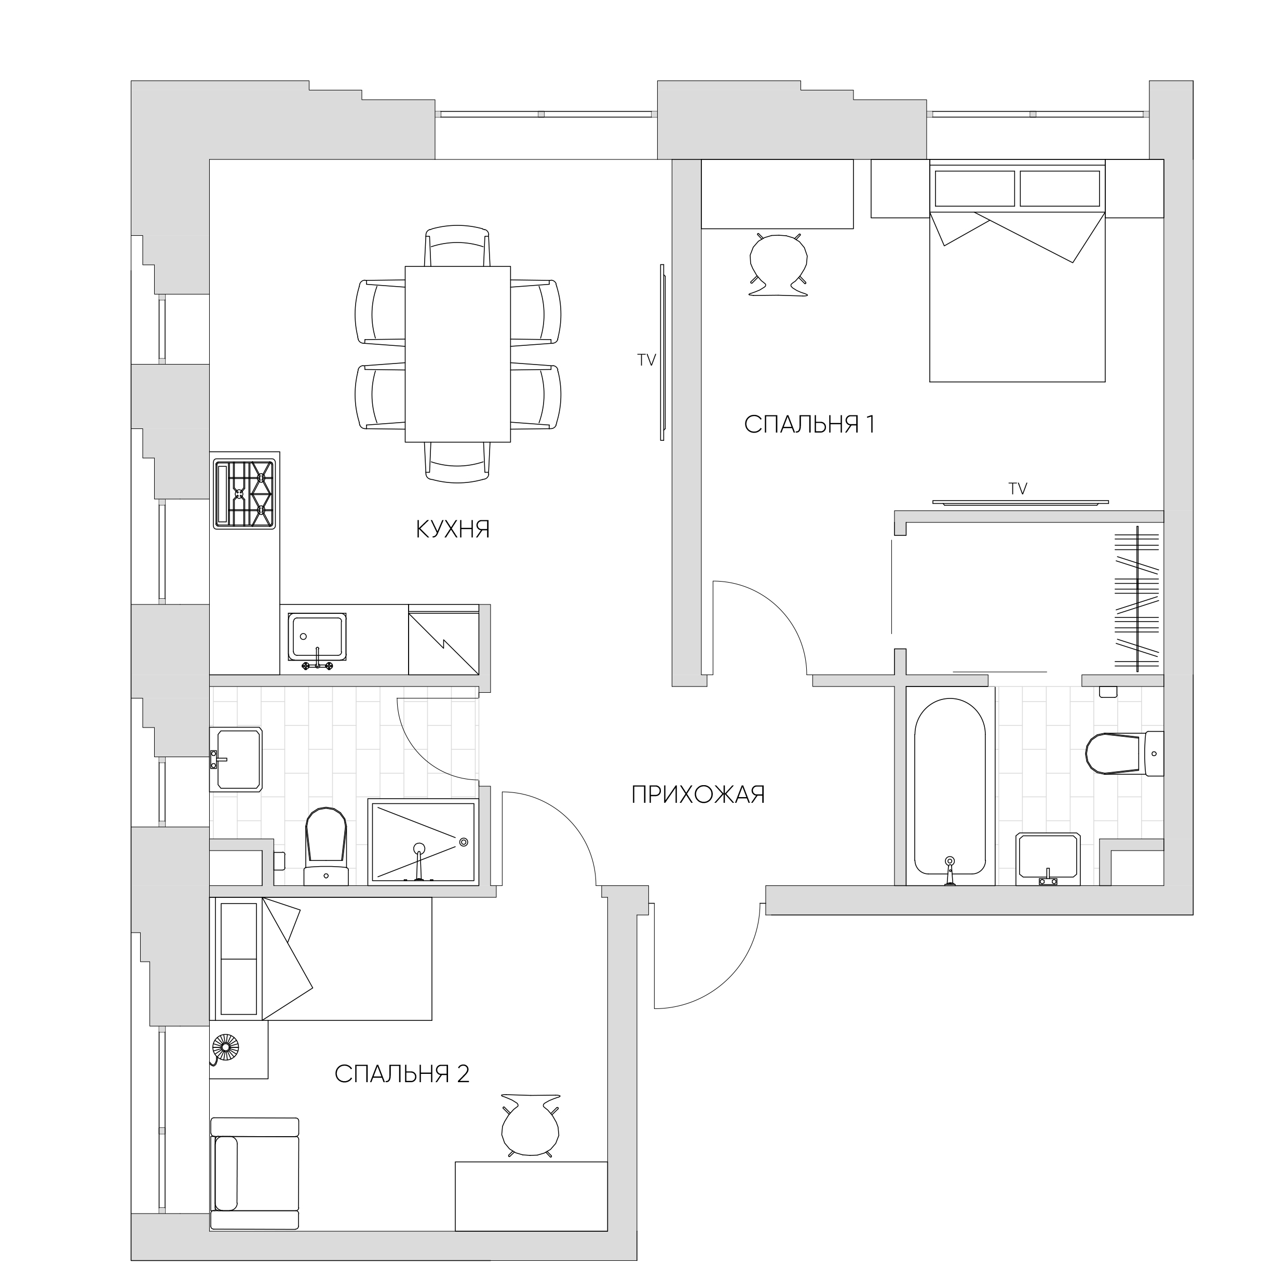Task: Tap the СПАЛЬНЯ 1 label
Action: [x=809, y=424]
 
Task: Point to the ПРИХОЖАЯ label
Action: [x=698, y=794]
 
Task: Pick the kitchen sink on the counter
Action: [x=317, y=638]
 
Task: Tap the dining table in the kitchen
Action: [x=458, y=354]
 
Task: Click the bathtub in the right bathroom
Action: [x=950, y=791]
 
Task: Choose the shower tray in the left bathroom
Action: [x=423, y=842]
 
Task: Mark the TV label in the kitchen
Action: [x=646, y=360]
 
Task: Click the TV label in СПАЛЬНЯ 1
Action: [x=1018, y=489]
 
